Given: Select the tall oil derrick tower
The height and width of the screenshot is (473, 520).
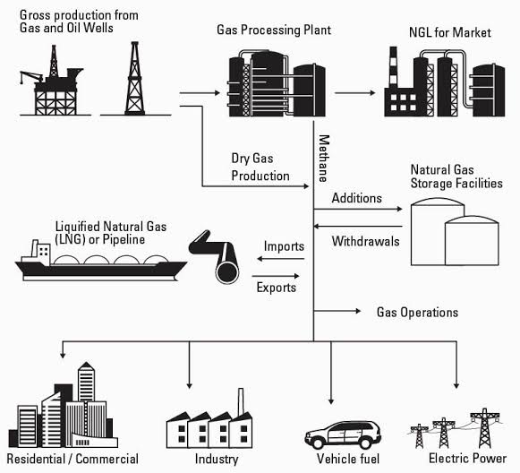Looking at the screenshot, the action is coord(134,79).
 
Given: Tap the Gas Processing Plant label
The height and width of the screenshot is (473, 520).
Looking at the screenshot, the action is coord(274,30).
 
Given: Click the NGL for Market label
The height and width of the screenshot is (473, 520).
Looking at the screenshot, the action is coord(449,32).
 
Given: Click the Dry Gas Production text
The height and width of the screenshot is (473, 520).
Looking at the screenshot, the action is coord(260,167).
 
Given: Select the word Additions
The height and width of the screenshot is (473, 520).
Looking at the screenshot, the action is coord(357,198).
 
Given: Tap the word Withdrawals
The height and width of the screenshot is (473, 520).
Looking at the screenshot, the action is coord(365,241).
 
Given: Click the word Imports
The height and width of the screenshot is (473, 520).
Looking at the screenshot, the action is coord(284,246).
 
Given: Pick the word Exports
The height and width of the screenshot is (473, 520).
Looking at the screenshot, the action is coord(277,288).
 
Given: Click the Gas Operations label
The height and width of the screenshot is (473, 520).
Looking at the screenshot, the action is coord(418,313).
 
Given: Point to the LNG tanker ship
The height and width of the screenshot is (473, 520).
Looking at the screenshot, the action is coord(101,262).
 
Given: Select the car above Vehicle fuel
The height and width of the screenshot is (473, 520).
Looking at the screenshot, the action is coord(343,434).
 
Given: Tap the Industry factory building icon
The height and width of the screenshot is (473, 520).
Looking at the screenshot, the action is coord(209,426).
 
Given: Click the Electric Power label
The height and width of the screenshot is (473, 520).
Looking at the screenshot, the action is coord(467,459).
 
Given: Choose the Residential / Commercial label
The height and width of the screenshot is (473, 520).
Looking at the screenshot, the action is coord(72,459).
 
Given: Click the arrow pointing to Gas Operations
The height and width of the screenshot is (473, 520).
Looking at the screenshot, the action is coord(337,311).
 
